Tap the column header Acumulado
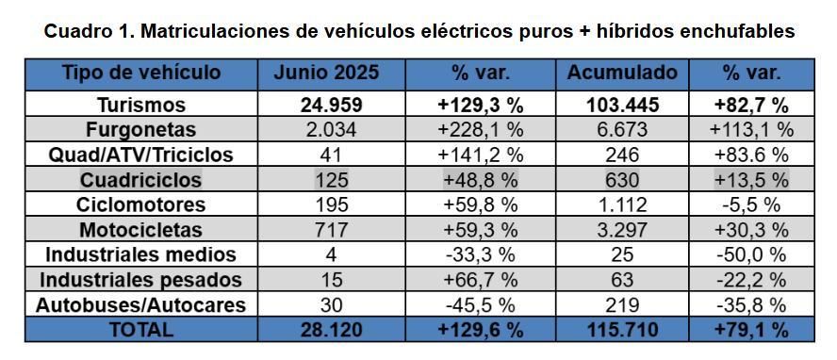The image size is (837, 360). [621, 73]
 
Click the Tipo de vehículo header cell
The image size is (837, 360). [140, 73]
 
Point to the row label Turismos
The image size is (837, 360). [140, 105]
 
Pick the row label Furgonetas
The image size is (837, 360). [140, 129]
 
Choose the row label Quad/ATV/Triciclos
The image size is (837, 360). [140, 154]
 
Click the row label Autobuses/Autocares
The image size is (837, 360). [140, 304]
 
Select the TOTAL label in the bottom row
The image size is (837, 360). [140, 330]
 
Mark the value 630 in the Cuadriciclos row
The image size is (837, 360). [621, 179]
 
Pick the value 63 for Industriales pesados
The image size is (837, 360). [621, 280]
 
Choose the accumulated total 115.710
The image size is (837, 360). [621, 330]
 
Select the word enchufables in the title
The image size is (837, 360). [737, 31]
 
